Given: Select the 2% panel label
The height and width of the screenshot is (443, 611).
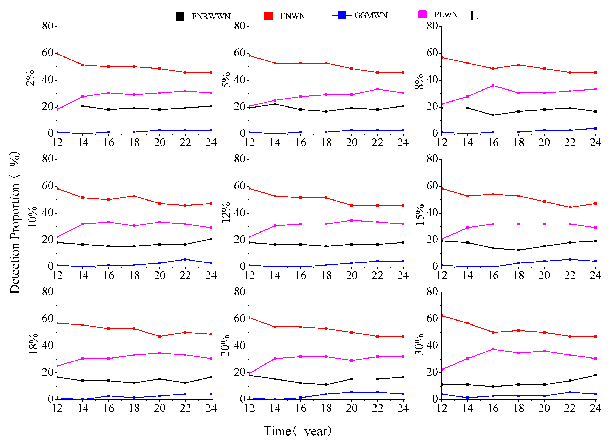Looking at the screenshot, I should (x=30, y=78).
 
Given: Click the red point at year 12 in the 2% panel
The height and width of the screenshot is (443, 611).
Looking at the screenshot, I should (x=57, y=54).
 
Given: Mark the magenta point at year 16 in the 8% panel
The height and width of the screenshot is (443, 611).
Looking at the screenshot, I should (x=493, y=85).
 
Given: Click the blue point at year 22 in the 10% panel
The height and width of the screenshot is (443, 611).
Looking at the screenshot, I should (x=185, y=259).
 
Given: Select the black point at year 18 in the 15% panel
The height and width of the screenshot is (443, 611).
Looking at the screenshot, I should (x=518, y=250).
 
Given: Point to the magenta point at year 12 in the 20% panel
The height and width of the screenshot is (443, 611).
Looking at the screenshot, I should (x=250, y=373).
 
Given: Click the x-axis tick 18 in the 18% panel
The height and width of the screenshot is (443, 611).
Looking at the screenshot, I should (x=134, y=409).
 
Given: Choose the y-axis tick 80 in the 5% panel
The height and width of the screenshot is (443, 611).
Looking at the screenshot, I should (x=239, y=26).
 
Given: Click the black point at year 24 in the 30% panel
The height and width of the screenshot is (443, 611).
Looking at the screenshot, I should (x=595, y=375).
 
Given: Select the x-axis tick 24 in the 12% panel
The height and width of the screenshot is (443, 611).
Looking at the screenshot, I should (x=403, y=275).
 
